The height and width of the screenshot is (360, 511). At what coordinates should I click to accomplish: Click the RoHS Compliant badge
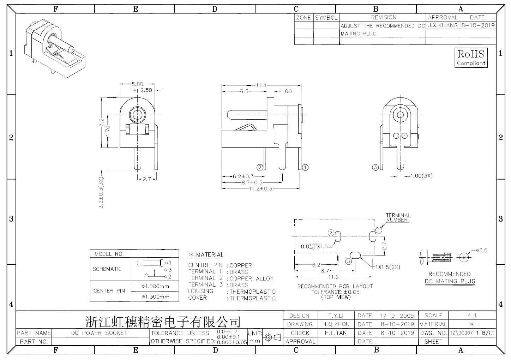point(471,58)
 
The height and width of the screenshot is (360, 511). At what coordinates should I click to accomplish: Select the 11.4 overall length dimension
point(261,85)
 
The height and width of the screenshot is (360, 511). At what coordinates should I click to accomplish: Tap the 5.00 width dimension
point(137,84)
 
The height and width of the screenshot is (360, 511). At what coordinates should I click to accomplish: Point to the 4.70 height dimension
point(107,131)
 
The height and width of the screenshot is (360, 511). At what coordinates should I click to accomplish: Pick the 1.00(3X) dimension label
point(422,176)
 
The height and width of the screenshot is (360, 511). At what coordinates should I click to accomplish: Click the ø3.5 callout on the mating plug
point(482,251)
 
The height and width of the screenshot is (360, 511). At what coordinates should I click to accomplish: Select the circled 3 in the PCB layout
point(349,262)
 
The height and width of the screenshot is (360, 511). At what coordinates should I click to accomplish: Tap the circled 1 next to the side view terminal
point(305,167)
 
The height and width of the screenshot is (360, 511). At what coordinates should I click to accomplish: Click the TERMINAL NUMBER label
point(398,217)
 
